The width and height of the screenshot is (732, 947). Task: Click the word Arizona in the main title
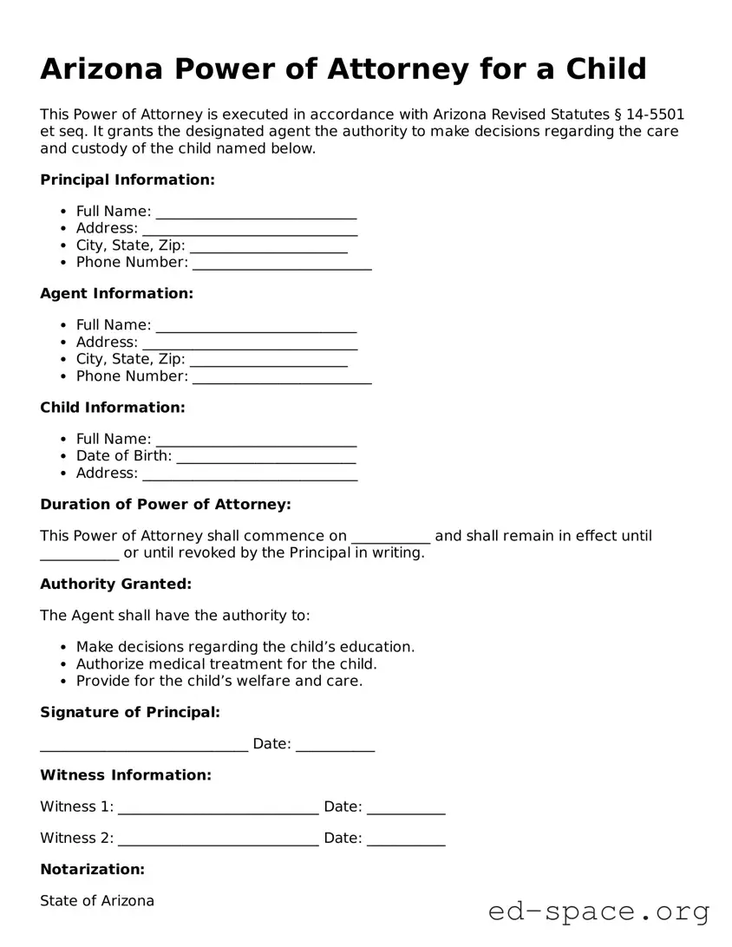(x=101, y=69)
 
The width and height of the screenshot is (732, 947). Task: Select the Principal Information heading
(x=127, y=180)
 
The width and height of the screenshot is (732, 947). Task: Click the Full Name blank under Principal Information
(x=256, y=212)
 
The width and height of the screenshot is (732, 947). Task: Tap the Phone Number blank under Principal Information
(x=282, y=264)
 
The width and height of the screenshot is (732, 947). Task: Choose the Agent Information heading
(x=116, y=293)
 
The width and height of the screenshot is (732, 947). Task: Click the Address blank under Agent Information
(x=250, y=343)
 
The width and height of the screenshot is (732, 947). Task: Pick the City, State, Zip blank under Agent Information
(x=269, y=361)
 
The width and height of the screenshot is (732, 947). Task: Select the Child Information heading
(x=113, y=407)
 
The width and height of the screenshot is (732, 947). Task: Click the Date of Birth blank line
(x=266, y=457)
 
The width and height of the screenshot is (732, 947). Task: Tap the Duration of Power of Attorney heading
(x=166, y=504)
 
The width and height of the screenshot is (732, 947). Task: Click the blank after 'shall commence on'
(x=390, y=537)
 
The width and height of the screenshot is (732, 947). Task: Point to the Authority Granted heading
(x=115, y=584)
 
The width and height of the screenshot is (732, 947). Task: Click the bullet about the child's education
(x=245, y=646)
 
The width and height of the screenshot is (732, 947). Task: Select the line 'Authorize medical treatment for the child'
(x=226, y=663)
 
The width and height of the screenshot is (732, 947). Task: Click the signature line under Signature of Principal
(x=144, y=745)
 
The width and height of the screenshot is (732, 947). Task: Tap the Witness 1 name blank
(x=218, y=807)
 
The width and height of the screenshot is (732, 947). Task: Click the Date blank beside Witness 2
(x=406, y=839)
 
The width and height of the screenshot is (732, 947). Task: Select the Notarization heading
(x=92, y=869)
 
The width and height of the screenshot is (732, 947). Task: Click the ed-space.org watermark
(x=598, y=911)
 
